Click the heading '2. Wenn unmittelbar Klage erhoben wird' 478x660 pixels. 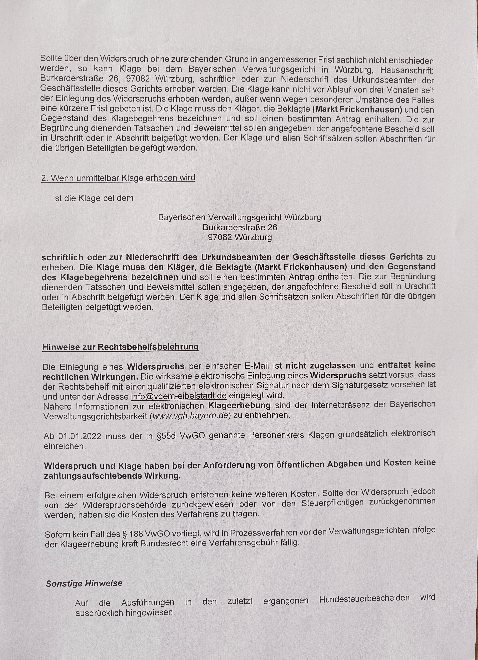118,178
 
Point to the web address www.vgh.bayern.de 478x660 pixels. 190,416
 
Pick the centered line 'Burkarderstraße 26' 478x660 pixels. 240,227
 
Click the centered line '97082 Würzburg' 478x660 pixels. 240,237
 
